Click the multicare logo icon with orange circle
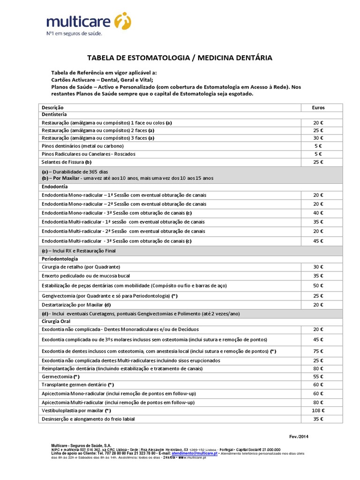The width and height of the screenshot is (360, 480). (123, 21)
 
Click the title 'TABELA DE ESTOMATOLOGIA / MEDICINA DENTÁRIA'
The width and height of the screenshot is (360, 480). (180, 58)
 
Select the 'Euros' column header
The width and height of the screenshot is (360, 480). (318, 107)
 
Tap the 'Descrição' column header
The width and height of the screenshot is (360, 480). (52, 107)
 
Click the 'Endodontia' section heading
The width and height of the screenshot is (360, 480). (55, 186)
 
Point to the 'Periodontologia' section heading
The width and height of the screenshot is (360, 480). (60, 258)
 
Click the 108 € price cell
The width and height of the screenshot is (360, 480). (318, 411)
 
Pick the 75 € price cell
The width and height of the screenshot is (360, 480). (318, 351)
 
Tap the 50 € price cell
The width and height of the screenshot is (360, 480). (318, 285)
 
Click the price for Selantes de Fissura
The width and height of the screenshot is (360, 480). (318, 162)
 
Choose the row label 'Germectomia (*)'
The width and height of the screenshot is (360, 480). (60, 376)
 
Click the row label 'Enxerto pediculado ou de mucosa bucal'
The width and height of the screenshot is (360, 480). (86, 276)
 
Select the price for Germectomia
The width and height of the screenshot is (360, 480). (318, 376)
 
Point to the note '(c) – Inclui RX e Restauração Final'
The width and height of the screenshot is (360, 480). (79, 251)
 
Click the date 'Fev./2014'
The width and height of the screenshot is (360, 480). (299, 436)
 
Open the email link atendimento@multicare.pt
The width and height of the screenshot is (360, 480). (194, 454)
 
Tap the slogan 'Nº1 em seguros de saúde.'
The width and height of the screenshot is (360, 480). (74, 34)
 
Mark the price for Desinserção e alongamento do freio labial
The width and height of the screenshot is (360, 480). (318, 419)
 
